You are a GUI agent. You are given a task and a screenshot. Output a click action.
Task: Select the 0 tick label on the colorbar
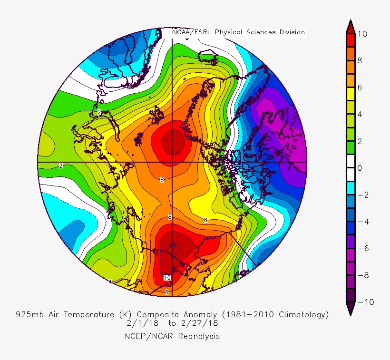(361, 168)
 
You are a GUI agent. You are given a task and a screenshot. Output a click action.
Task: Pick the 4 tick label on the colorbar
(361, 115)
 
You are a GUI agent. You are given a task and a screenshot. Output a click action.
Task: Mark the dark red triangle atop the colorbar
(350, 27)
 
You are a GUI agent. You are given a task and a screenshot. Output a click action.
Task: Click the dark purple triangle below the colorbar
(350, 310)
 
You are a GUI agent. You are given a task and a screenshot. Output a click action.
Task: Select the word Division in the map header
(288, 32)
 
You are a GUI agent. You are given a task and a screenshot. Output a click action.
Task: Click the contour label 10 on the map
(167, 277)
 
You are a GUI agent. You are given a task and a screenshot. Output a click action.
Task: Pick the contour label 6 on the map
(205, 220)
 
